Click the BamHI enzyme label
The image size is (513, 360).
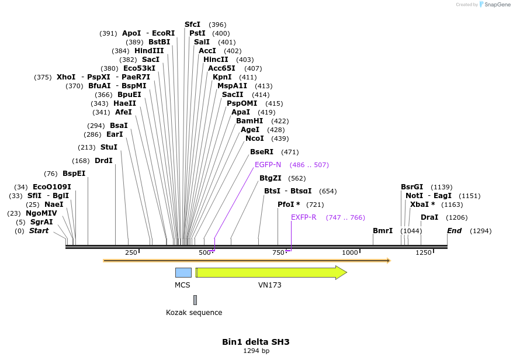tap(249, 121)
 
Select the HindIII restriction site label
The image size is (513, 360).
tap(149, 51)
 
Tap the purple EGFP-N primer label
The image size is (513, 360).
tap(268, 165)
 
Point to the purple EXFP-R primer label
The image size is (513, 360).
tap(304, 217)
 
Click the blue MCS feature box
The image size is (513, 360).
tap(183, 272)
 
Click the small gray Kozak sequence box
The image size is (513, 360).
tap(195, 300)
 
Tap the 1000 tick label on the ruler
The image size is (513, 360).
tap(349, 252)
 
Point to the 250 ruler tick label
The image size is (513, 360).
tap(131, 252)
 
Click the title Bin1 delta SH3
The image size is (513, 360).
tap(256, 342)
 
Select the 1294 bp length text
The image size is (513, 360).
tap(256, 351)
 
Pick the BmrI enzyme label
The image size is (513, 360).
tap(383, 231)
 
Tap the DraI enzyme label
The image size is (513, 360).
tap(429, 217)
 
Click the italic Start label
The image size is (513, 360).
tap(39, 231)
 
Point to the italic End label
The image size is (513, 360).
tap(455, 231)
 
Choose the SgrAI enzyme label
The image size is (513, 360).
tap(41, 222)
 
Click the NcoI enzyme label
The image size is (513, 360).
tap(255, 139)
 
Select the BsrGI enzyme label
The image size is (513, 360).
tap(412, 187)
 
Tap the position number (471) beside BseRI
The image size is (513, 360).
tap(290, 152)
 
